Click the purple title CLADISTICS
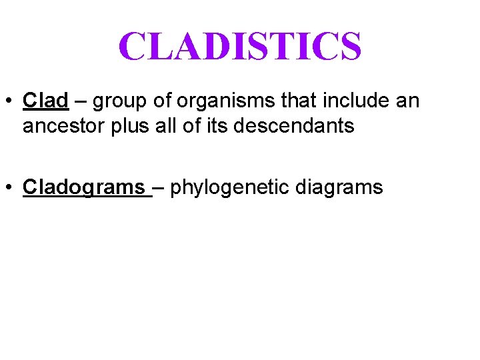click(x=240, y=46)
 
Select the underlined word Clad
click(x=45, y=101)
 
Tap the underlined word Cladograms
click(x=85, y=187)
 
